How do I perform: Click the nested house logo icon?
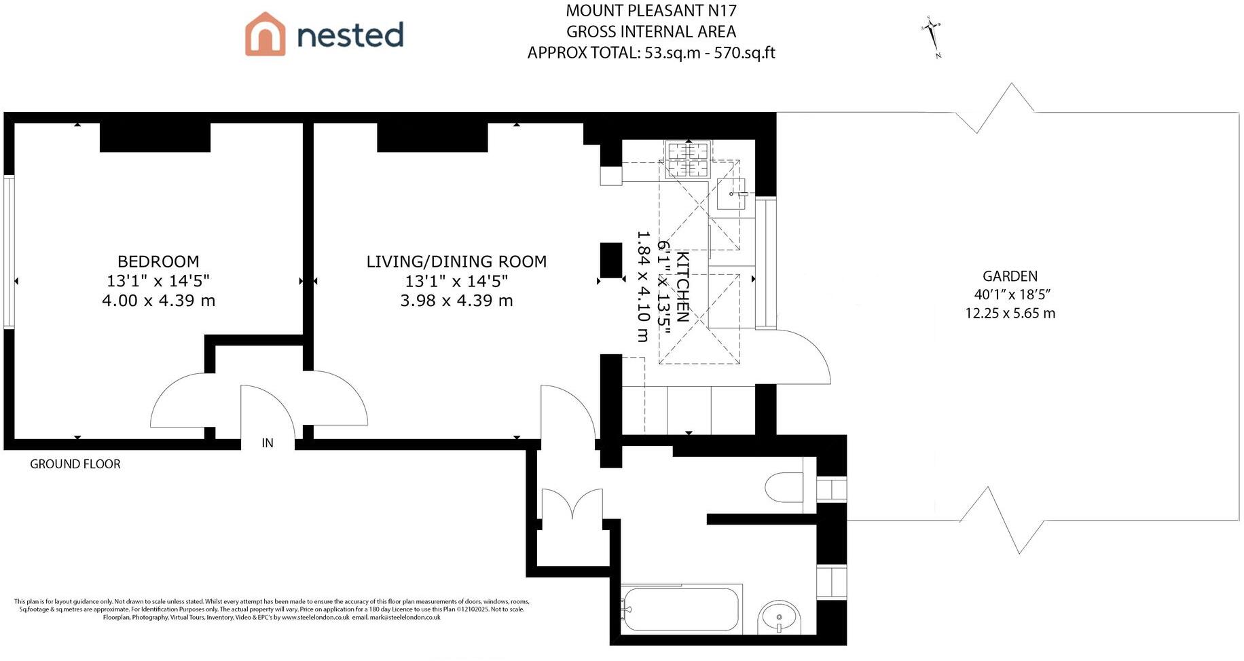click(265, 34)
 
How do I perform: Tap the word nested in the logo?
click(350, 35)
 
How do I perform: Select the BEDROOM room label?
click(158, 261)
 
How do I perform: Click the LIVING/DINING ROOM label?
click(456, 261)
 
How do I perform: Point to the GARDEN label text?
click(1010, 276)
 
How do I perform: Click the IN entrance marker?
click(268, 443)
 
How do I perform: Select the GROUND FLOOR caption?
click(75, 464)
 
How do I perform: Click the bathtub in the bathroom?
click(680, 609)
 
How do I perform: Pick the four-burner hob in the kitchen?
click(688, 159)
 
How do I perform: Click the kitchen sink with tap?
click(731, 194)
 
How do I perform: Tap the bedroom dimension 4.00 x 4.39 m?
click(158, 301)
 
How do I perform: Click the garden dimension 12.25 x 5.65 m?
click(1010, 314)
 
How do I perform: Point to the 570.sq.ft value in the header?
click(744, 53)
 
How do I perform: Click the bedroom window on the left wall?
click(9, 252)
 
